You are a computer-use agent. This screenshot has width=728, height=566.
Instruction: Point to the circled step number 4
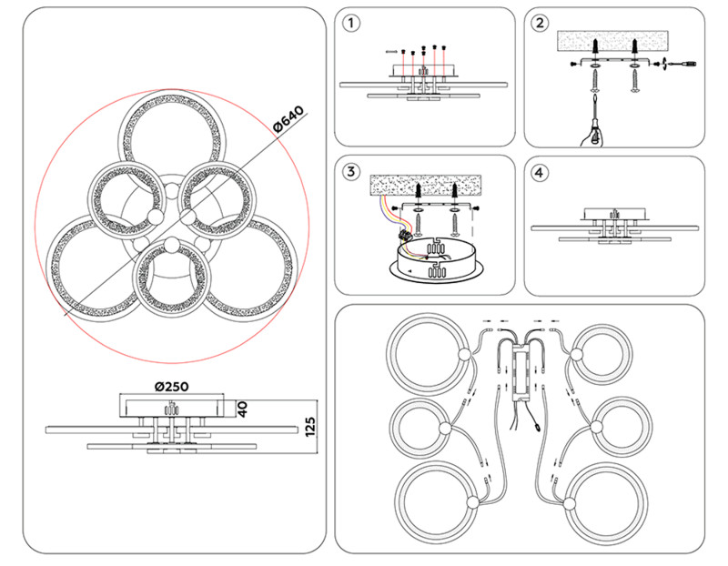tap(541, 172)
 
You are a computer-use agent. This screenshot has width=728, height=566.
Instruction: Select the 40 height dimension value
tap(241, 409)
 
